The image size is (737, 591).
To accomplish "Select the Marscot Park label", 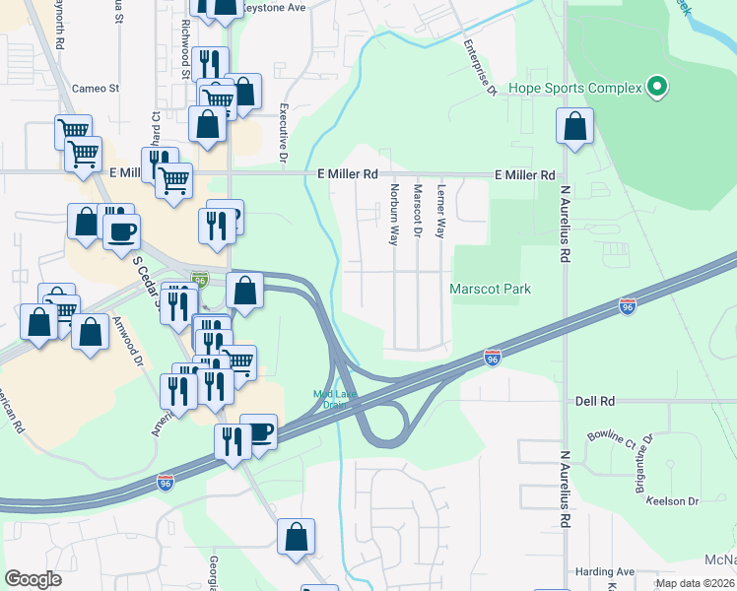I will click(490, 289).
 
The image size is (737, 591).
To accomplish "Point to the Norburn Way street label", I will click(393, 214).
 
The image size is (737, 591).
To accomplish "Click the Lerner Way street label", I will click(441, 212).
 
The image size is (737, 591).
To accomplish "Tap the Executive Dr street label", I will click(283, 133).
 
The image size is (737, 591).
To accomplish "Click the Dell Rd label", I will click(594, 402).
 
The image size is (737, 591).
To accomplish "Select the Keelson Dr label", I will click(672, 501).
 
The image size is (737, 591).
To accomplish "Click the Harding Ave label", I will click(605, 571).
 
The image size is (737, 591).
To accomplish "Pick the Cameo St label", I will click(96, 88).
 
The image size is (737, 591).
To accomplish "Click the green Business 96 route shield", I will click(200, 279).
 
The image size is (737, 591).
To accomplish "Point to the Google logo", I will click(33, 579).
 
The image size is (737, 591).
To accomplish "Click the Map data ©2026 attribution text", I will click(694, 583).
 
